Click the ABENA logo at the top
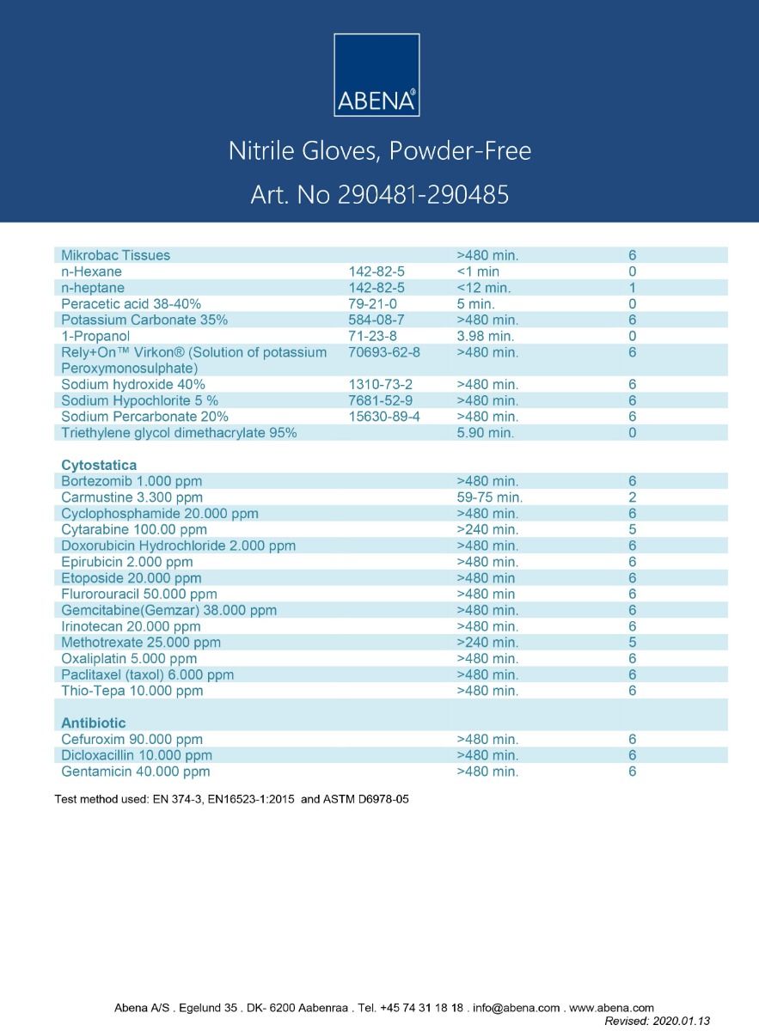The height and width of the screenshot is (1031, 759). [x=376, y=75]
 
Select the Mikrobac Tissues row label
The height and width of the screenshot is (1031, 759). [x=115, y=255]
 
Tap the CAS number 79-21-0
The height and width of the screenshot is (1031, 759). [x=371, y=304]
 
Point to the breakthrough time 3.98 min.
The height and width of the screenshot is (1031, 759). [x=485, y=336]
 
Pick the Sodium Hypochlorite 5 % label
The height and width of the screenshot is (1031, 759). [x=139, y=401]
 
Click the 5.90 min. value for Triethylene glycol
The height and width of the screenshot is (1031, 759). [x=485, y=433]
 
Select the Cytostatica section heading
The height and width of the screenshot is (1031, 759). [x=99, y=465]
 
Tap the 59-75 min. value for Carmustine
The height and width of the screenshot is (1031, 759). [x=489, y=497]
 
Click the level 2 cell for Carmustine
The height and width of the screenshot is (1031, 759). [x=632, y=497]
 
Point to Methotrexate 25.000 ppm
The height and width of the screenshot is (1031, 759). [x=141, y=643]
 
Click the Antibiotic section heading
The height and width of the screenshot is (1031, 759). [x=94, y=723]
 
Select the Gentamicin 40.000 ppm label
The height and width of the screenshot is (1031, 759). [x=135, y=772]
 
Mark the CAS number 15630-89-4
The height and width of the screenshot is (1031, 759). [x=384, y=417]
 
